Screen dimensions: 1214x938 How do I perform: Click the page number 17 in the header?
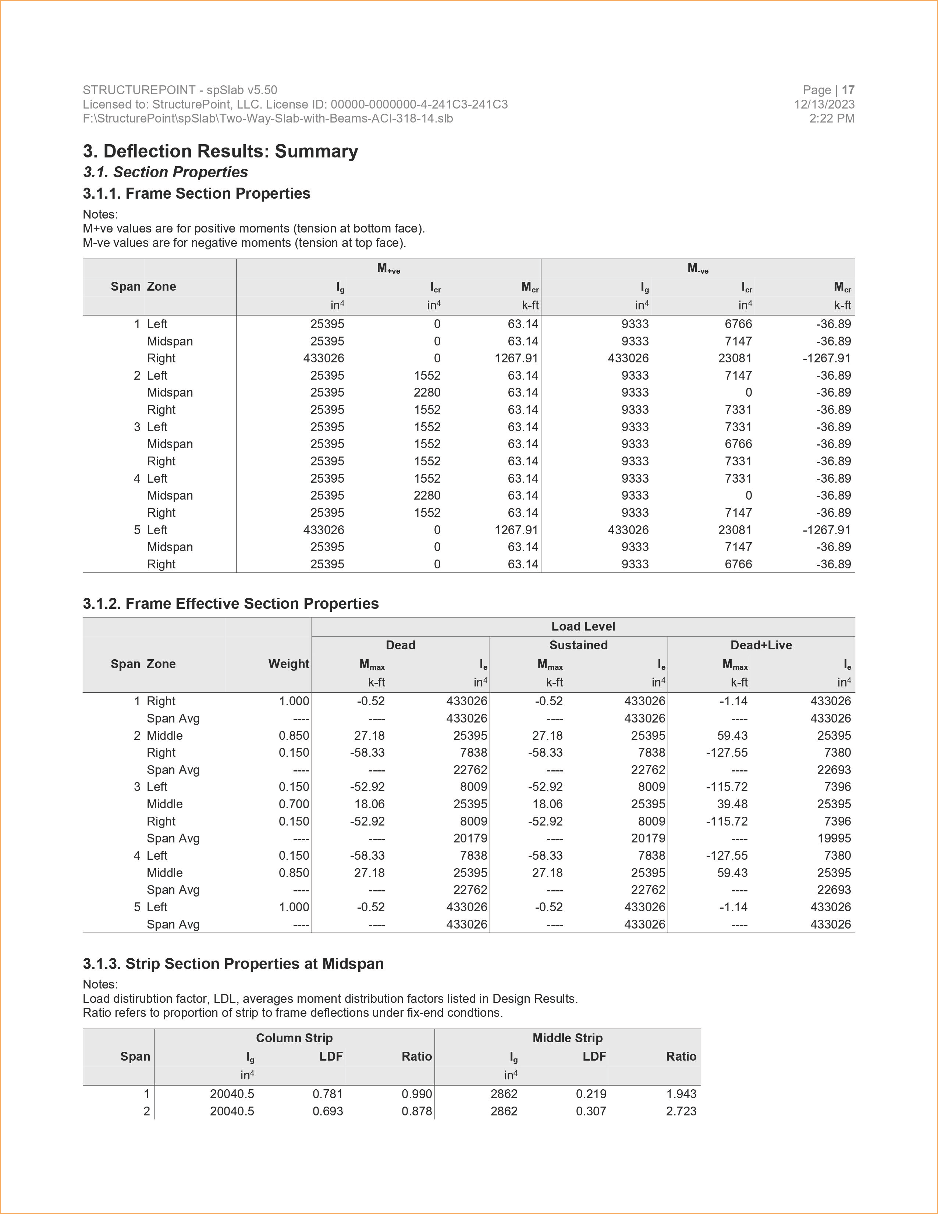(848, 90)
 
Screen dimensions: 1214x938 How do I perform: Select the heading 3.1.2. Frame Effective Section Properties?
(231, 604)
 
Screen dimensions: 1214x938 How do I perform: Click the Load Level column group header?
(583, 626)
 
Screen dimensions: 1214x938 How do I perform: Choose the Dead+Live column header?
(761, 645)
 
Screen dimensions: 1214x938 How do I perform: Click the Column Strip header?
(294, 1038)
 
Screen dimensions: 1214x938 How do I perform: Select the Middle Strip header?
(567, 1038)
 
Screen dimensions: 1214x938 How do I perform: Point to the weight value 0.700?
(294, 804)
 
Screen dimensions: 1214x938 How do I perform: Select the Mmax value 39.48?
(732, 804)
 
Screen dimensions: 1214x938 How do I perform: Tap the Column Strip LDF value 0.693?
(327, 1111)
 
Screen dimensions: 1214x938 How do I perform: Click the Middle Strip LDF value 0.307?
(591, 1111)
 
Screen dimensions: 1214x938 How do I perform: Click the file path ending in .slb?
(267, 118)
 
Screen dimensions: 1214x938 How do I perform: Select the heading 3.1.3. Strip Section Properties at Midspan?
(233, 964)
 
